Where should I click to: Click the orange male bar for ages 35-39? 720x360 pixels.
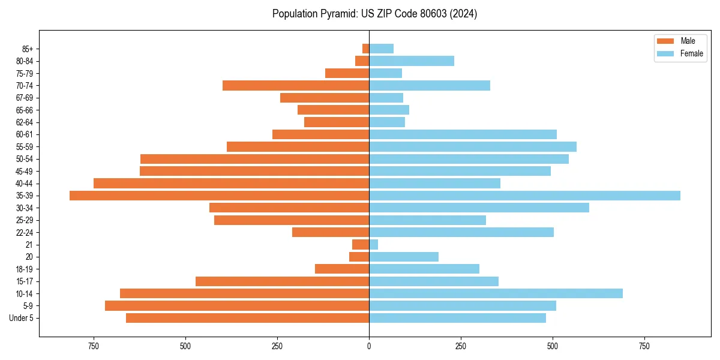click(219, 196)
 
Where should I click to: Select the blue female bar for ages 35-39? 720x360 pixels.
click(524, 196)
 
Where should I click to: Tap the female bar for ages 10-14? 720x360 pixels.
click(496, 293)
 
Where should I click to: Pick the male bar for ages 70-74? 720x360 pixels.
click(296, 85)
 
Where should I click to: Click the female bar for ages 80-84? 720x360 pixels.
click(412, 61)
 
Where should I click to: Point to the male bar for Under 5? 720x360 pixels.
click(247, 318)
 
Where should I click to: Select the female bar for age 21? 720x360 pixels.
click(373, 244)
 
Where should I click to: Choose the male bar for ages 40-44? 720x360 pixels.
click(231, 183)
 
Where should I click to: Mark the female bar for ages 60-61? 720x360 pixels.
click(463, 134)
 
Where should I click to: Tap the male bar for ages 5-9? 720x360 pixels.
click(237, 305)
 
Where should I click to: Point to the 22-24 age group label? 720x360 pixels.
click(24, 232)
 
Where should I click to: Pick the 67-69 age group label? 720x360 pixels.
click(24, 98)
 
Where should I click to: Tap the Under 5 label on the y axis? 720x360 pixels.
click(21, 318)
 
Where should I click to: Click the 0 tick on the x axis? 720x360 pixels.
click(369, 346)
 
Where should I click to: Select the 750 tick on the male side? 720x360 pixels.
click(94, 346)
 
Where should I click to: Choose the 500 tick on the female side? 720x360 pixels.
click(553, 346)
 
